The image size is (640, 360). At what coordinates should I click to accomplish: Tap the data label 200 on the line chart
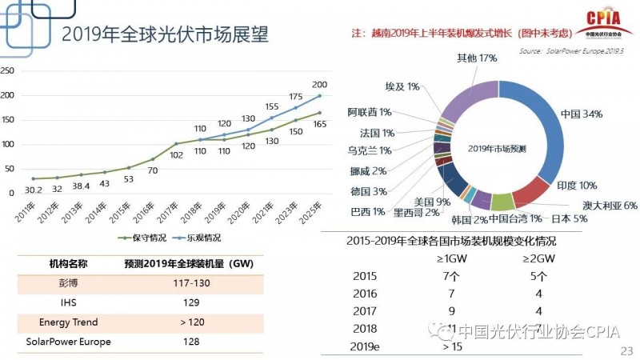click(319, 84)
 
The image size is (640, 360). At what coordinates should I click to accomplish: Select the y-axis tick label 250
click(7, 70)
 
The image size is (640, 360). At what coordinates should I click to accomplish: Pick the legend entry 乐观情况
click(199, 238)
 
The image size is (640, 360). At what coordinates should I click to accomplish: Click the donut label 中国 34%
click(582, 114)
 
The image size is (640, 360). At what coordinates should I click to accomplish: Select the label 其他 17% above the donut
click(477, 58)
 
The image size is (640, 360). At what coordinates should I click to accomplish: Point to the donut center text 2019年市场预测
click(495, 149)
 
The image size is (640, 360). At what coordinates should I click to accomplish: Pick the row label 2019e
click(369, 347)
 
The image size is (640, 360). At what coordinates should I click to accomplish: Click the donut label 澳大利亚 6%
click(610, 205)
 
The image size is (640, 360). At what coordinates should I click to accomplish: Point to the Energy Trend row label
click(68, 322)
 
